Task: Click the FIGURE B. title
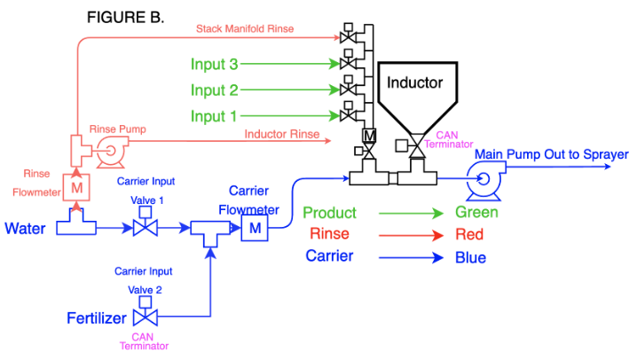(125, 18)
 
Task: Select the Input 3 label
(214, 64)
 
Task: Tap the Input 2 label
(214, 90)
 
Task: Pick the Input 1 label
(214, 115)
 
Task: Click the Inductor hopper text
(415, 83)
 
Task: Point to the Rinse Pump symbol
(111, 151)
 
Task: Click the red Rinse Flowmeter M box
(76, 188)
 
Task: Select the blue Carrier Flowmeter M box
(255, 229)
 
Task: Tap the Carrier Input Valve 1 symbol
(145, 228)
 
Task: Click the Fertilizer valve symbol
(144, 317)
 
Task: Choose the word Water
(26, 229)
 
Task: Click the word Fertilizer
(97, 317)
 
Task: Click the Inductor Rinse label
(282, 134)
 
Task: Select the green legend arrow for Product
(411, 213)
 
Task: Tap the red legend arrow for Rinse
(411, 235)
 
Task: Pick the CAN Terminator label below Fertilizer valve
(143, 341)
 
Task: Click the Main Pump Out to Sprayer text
(551, 155)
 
